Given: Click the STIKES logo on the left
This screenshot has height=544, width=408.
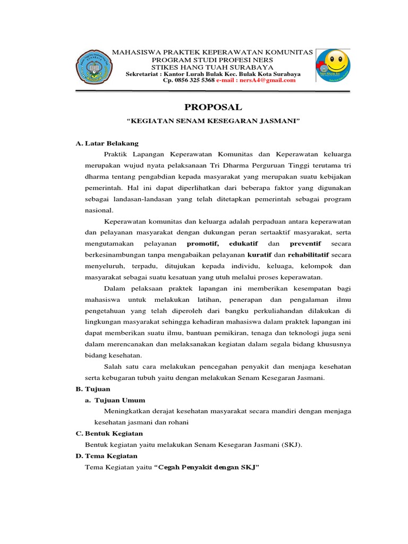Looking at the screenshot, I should [94, 68].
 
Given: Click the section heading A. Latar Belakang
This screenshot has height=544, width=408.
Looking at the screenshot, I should [107, 143].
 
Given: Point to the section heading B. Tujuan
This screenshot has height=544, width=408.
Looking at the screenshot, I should [93, 389].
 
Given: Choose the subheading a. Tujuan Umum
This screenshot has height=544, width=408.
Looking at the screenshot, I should [115, 400].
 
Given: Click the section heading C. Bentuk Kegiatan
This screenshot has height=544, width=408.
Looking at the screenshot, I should [109, 433].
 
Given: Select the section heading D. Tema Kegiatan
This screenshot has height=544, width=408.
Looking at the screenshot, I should [107, 456].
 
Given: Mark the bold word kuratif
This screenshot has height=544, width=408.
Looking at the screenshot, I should [260, 255].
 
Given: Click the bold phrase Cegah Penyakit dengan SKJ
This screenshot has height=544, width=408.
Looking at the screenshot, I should [209, 467].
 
